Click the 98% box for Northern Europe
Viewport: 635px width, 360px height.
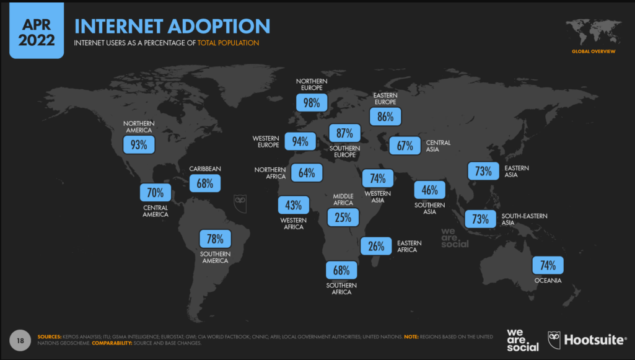tap(312, 102)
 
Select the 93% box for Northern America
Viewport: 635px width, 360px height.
tap(138, 145)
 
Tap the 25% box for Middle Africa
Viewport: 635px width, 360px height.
tap(343, 217)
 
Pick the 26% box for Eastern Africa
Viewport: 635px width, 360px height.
tap(376, 246)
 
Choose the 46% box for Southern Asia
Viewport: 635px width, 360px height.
tap(429, 190)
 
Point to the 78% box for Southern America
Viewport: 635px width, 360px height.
tap(215, 239)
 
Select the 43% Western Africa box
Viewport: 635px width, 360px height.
tap(294, 205)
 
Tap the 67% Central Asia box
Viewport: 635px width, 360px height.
tap(405, 146)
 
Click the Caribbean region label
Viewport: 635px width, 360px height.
tap(205, 169)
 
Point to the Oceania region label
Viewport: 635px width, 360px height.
tap(548, 281)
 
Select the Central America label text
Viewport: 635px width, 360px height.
tap(155, 211)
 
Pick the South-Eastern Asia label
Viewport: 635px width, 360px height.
tap(524, 219)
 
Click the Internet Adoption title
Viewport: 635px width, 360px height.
tap(172, 26)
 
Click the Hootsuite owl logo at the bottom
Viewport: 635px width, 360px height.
tap(555, 339)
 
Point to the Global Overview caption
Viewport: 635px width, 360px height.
tap(593, 51)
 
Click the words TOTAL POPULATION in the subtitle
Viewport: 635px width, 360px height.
tap(228, 43)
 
